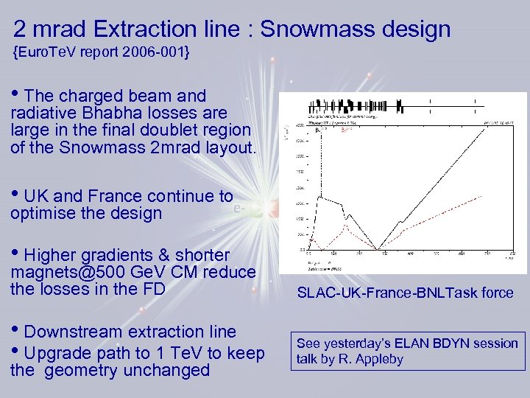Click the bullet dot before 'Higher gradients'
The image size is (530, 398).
16,255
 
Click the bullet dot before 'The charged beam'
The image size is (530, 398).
16,96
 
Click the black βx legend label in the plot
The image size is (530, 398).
318,130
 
